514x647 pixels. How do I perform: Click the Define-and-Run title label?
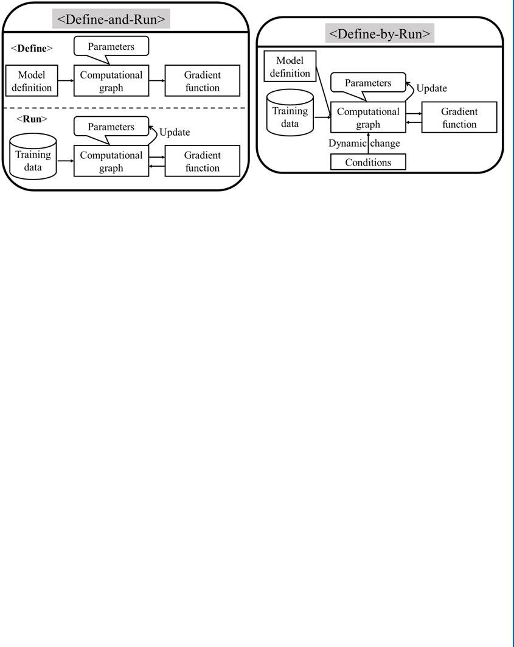111,19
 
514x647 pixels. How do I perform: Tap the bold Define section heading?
32,47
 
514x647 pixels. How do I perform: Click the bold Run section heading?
27,119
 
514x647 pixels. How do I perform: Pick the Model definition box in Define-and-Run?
32,81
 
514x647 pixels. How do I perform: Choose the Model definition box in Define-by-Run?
294,67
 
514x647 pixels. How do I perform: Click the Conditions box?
368,163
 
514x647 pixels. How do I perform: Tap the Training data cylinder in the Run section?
33,160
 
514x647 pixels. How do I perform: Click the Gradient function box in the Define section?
203,81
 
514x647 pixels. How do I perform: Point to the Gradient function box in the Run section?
203,161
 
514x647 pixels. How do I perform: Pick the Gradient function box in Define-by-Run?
459,117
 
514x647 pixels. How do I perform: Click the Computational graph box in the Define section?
111,81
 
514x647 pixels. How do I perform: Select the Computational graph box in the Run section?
111,161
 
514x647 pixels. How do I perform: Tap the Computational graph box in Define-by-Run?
368,117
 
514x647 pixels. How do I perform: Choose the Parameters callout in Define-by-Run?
369,82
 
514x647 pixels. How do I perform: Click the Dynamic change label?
364,144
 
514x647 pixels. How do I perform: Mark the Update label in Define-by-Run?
431,88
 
